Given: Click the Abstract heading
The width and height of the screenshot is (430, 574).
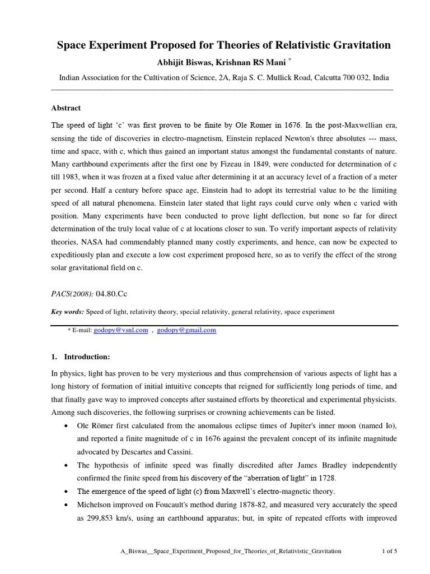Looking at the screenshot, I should click(x=66, y=108).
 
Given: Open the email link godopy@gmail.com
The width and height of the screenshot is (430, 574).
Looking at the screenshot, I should click(x=186, y=331).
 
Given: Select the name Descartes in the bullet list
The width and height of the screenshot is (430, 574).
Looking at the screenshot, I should click(x=129, y=451).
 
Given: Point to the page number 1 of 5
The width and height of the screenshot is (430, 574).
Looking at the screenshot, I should click(x=389, y=552).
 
